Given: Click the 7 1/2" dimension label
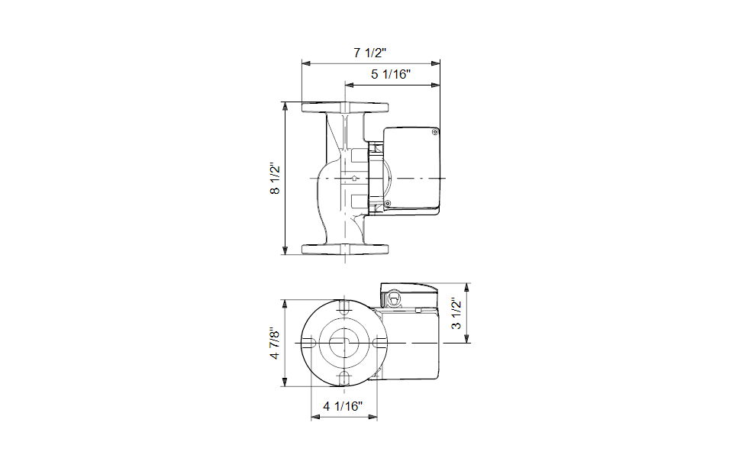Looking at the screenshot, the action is click(x=369, y=52).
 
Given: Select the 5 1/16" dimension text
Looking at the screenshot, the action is click(x=391, y=74).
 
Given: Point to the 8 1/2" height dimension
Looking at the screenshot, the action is click(x=275, y=179).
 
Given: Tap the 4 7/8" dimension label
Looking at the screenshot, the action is click(x=275, y=343).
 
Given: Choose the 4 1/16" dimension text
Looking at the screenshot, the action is click(x=343, y=406).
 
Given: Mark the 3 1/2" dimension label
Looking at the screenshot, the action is click(x=456, y=314).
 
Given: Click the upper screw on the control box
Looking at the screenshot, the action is click(x=435, y=132).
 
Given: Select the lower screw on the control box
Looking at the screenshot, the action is click(x=387, y=204).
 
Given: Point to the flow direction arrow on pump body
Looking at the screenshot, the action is click(x=354, y=179).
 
